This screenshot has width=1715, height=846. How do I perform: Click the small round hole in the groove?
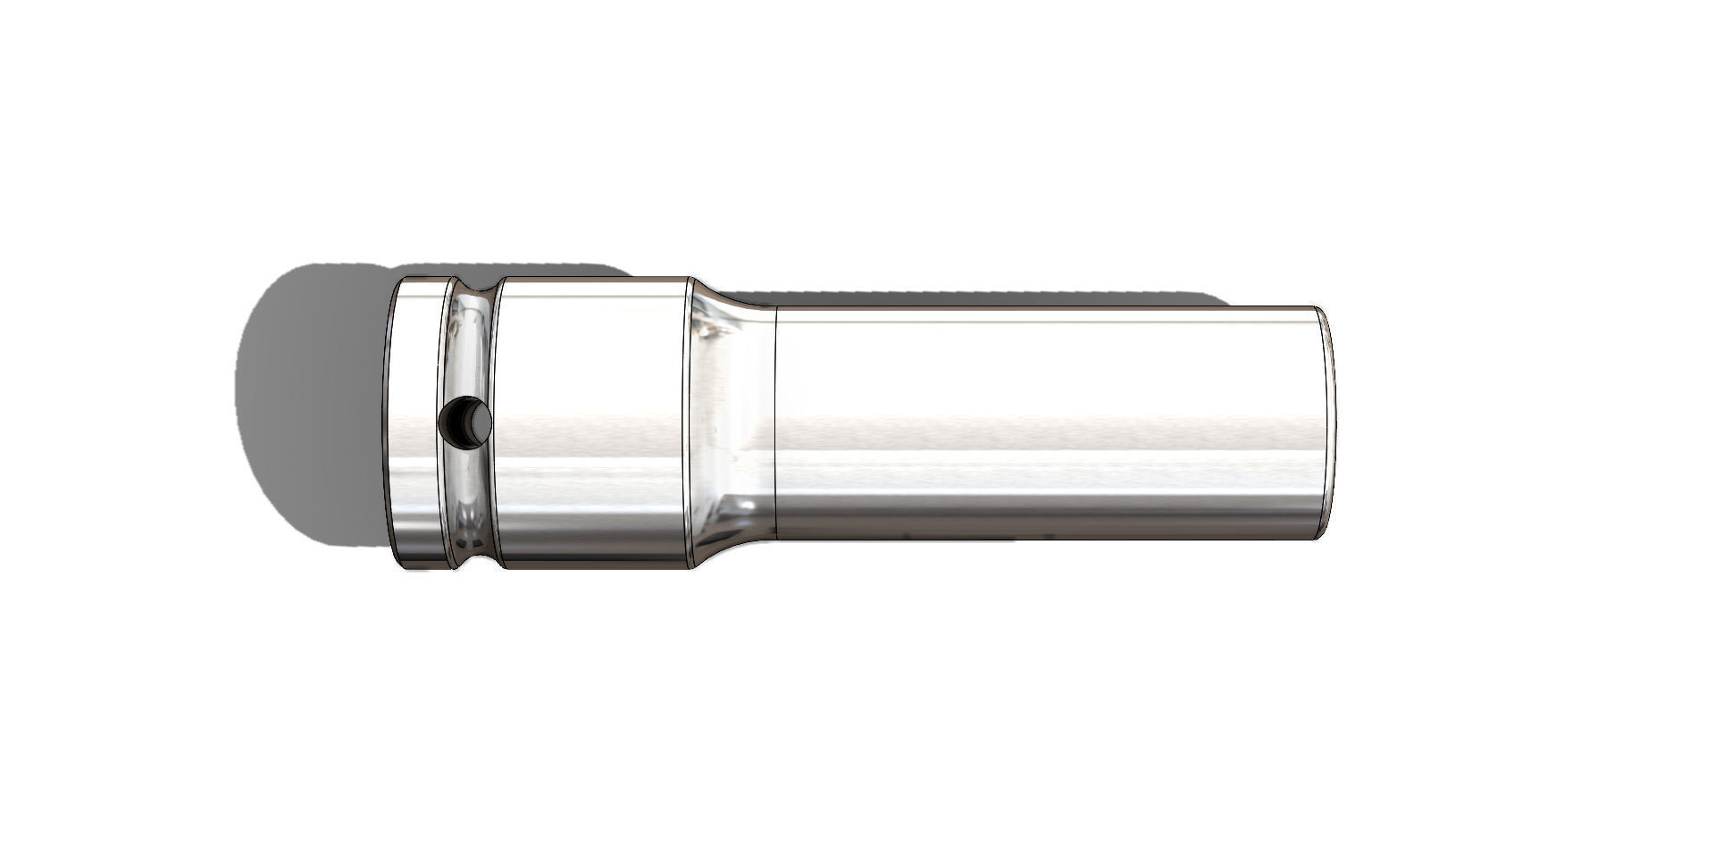(x=465, y=421)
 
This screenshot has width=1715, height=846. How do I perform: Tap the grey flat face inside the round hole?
(x=480, y=423)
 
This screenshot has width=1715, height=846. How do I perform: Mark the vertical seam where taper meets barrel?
(x=774, y=422)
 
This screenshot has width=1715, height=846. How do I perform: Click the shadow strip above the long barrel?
(x=983, y=298)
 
